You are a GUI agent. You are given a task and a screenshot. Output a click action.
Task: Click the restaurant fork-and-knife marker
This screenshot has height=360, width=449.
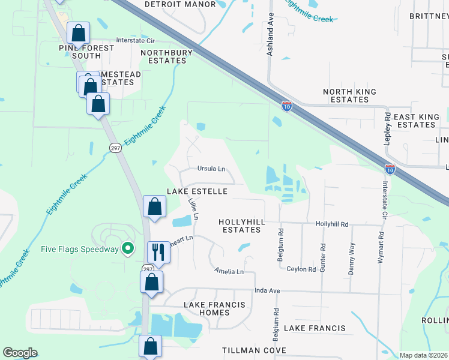click(158, 251)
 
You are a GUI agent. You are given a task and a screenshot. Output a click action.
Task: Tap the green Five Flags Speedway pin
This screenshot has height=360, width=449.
click(127, 248)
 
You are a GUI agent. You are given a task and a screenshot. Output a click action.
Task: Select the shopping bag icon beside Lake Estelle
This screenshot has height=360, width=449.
click(154, 206)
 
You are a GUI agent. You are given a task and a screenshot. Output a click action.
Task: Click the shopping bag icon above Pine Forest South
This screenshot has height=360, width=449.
click(78, 32)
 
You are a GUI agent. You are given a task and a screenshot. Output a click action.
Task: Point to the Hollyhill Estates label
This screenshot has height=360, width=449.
click(242, 226)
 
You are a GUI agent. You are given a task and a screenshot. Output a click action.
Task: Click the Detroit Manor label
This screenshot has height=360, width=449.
click(180, 4)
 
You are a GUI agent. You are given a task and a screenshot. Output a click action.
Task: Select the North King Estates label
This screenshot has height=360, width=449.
click(349, 95)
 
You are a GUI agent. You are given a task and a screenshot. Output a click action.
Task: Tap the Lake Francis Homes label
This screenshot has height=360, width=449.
click(214, 309)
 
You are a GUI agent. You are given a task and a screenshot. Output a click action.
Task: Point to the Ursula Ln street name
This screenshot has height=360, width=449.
click(211, 169)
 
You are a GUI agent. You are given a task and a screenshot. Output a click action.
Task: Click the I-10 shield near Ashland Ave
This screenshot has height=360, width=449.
click(287, 106)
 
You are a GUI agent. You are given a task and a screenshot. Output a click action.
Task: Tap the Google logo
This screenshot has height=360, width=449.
click(20, 353)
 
